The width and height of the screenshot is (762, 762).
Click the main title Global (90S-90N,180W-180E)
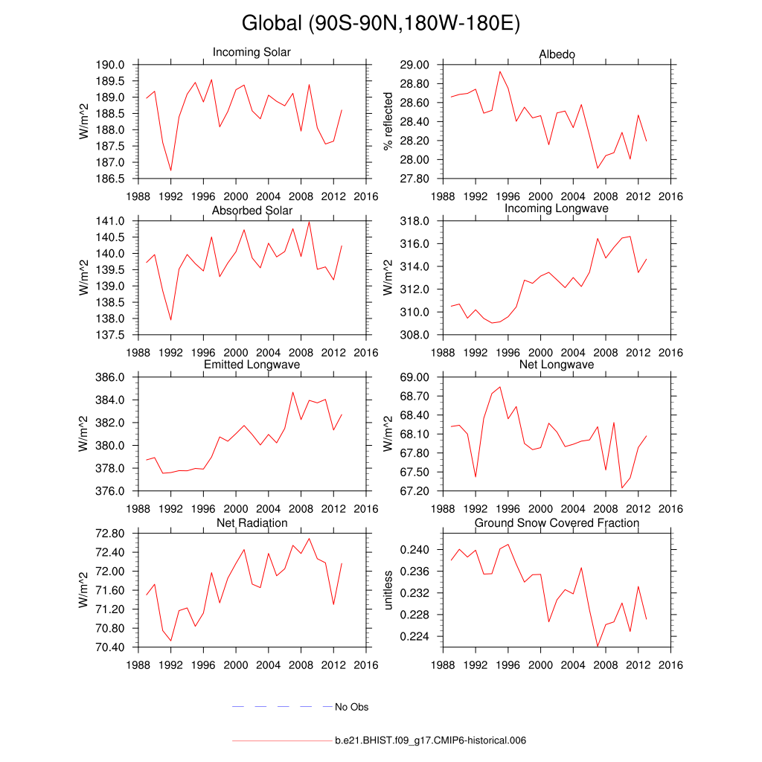click(380, 24)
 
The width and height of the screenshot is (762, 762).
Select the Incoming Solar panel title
click(252, 53)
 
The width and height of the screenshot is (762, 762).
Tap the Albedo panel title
click(557, 54)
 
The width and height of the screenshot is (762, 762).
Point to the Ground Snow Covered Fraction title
click(557, 523)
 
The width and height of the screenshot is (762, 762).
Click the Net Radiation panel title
click(252, 523)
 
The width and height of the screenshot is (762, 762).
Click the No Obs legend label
click(351, 707)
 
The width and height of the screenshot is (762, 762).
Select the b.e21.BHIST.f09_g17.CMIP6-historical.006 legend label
click(431, 740)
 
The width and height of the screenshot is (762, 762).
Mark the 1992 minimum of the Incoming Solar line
click(171, 170)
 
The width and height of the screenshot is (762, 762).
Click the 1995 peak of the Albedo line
click(501, 71)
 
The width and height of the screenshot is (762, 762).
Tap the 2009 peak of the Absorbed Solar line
click(309, 222)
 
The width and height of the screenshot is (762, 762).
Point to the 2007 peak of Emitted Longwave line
click(292, 392)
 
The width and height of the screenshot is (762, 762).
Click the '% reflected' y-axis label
click(387, 121)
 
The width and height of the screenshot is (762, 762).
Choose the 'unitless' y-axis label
click(387, 590)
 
